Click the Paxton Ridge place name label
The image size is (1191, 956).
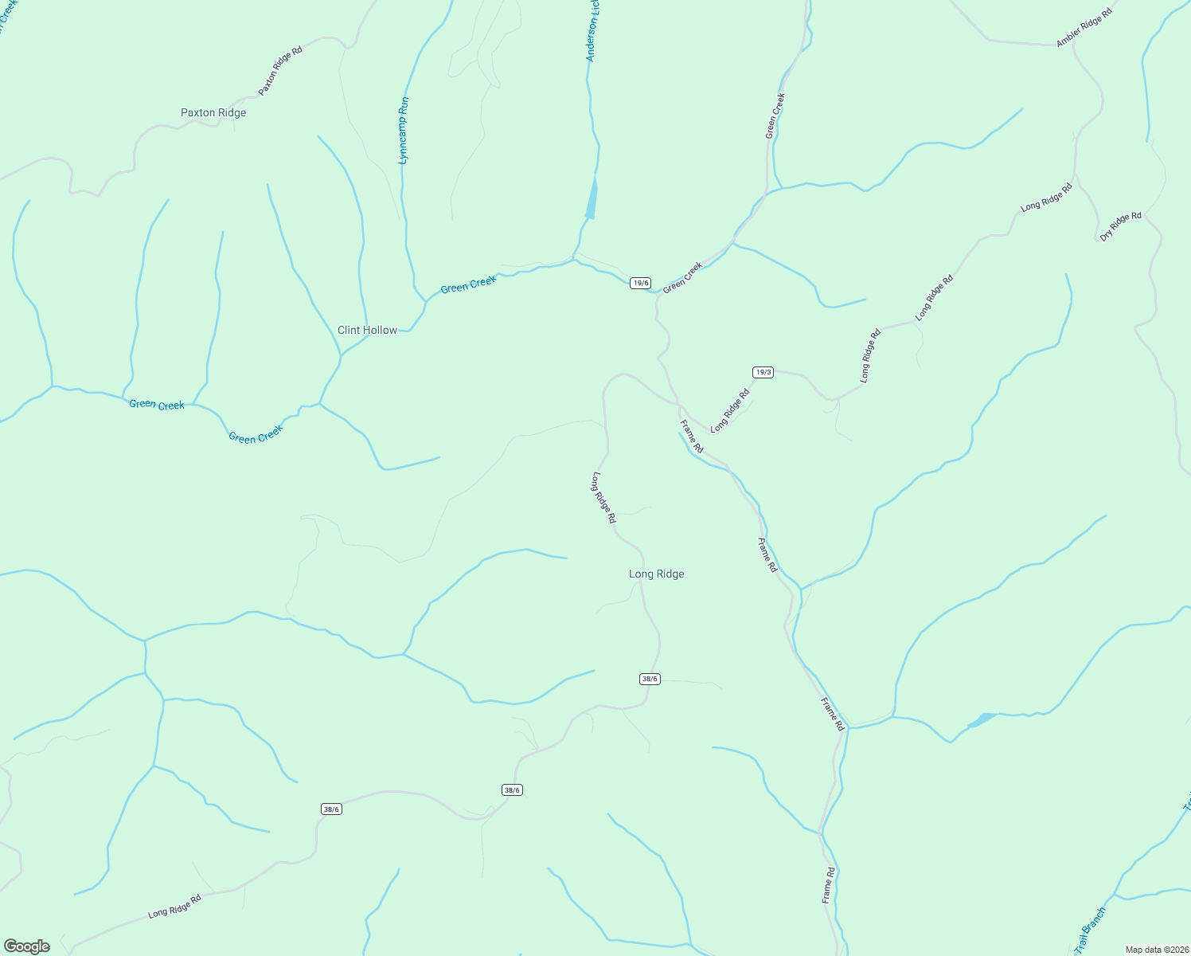coord(213,113)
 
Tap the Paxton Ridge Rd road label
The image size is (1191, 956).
coord(280,72)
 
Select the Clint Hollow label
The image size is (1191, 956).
coord(367,330)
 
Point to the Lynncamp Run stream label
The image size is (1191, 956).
coord(404,131)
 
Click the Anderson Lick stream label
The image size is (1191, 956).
coord(592,32)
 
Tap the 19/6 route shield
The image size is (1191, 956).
coord(640,283)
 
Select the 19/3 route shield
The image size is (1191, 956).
coord(763,372)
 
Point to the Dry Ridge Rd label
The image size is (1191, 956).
coord(1121,226)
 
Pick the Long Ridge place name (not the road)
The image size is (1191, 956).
coord(656,574)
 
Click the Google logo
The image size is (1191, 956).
coord(27,946)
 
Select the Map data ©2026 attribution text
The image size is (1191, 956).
coord(1157,950)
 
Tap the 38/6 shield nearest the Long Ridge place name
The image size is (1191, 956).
coord(650,679)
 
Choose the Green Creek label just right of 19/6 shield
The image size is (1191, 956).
coord(683,277)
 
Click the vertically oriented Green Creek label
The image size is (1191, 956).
coord(775,116)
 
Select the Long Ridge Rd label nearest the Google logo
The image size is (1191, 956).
coord(174,907)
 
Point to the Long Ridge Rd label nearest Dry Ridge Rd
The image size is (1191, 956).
coord(1047,198)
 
